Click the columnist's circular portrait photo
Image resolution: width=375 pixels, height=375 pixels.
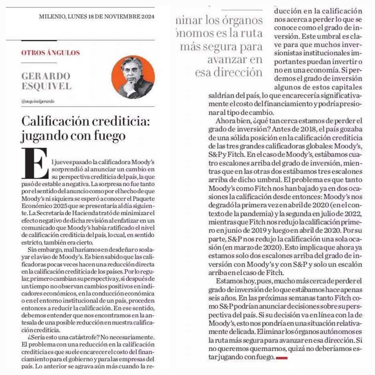point(133,77)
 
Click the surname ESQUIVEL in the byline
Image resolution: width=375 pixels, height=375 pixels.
point(46,87)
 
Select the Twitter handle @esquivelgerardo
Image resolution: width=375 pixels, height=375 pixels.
point(38,101)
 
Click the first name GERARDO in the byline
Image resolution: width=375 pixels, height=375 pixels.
point(46,77)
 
